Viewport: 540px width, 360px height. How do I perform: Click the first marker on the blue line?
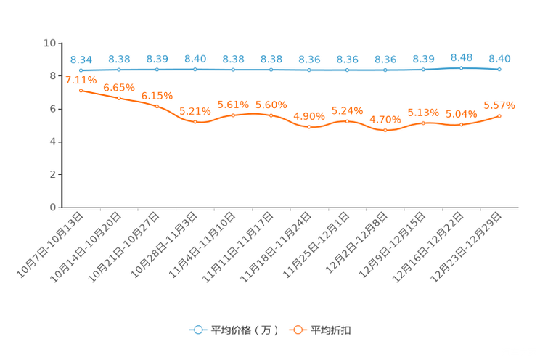[x=81, y=70]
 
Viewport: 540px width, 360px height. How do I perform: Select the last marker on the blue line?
[x=499, y=70]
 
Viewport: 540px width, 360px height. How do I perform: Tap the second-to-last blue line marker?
[x=461, y=68]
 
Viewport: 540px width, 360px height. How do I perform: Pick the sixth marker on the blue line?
[x=271, y=70]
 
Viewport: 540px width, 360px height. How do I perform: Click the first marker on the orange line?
[x=81, y=91]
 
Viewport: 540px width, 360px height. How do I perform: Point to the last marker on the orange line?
[x=499, y=115]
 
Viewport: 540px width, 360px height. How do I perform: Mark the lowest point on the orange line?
[x=385, y=131]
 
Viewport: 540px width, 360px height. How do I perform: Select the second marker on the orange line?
[x=119, y=98]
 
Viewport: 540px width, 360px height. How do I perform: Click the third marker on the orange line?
[x=157, y=107]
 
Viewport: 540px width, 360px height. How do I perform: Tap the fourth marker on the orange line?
[x=195, y=122]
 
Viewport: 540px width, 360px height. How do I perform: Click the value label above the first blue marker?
[x=81, y=59]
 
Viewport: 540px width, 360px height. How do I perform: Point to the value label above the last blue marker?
[x=499, y=58]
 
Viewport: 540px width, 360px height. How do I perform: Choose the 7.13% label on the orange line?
[x=81, y=80]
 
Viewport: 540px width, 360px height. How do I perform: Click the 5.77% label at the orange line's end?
[x=499, y=105]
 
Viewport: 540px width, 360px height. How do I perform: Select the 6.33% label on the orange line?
[x=157, y=96]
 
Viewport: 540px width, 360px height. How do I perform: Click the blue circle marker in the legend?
[x=197, y=330]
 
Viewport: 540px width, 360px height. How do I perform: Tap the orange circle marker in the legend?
[x=297, y=330]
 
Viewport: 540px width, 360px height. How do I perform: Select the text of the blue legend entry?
[x=244, y=330]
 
